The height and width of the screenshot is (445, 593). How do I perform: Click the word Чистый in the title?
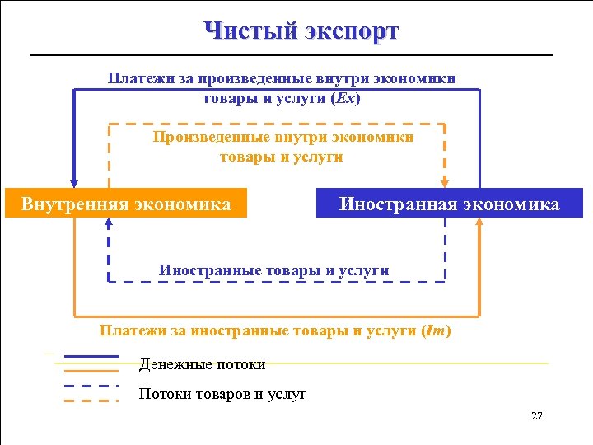click(x=250, y=31)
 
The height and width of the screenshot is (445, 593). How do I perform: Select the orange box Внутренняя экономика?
click(x=126, y=204)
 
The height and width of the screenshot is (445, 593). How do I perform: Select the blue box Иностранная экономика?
click(x=449, y=204)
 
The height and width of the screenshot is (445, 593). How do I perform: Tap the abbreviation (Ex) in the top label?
click(x=345, y=97)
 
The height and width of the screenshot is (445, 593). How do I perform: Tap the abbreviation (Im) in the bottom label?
click(x=436, y=331)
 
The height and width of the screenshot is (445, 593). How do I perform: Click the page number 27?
click(x=537, y=416)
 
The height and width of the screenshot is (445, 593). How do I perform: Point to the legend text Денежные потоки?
click(x=203, y=363)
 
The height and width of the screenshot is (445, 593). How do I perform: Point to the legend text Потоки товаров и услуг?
click(x=222, y=394)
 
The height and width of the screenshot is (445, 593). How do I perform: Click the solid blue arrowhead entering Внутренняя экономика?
click(x=74, y=184)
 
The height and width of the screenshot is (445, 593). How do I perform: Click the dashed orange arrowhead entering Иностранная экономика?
click(x=445, y=183)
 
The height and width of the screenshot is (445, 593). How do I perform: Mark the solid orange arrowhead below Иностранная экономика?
click(x=479, y=223)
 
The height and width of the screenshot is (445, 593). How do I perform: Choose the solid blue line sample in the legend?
click(x=91, y=357)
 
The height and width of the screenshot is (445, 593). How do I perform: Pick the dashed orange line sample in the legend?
click(x=91, y=400)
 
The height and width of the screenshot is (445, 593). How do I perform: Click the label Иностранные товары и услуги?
click(x=273, y=269)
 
